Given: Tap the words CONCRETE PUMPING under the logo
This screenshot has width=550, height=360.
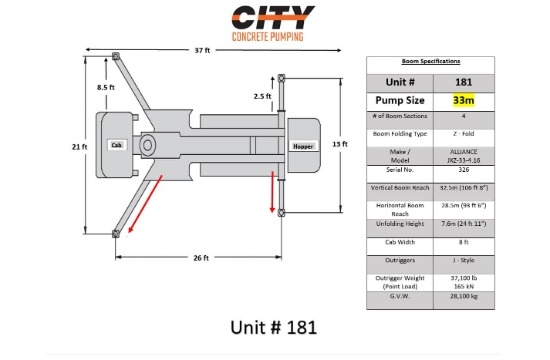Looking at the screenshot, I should point(273,37).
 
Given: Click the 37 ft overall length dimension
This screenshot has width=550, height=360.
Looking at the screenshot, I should point(201,51).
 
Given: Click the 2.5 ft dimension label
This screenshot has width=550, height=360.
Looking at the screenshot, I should point(263,96).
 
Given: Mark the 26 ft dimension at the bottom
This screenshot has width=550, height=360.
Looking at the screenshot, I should point(201,258).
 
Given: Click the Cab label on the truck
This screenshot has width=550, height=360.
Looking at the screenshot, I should point(115,145).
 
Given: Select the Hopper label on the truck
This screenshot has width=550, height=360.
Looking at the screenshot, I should point(303,146).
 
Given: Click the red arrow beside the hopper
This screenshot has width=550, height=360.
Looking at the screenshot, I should point(271,193).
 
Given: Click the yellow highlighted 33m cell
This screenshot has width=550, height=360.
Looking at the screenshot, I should point(463,100).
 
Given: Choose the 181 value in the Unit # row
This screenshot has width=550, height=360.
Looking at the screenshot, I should point(463,81).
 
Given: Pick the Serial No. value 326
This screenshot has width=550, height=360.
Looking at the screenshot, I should point(463,170).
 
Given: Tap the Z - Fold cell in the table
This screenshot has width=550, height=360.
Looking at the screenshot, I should point(463,132).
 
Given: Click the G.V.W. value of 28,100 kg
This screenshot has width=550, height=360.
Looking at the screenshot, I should point(463,296).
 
